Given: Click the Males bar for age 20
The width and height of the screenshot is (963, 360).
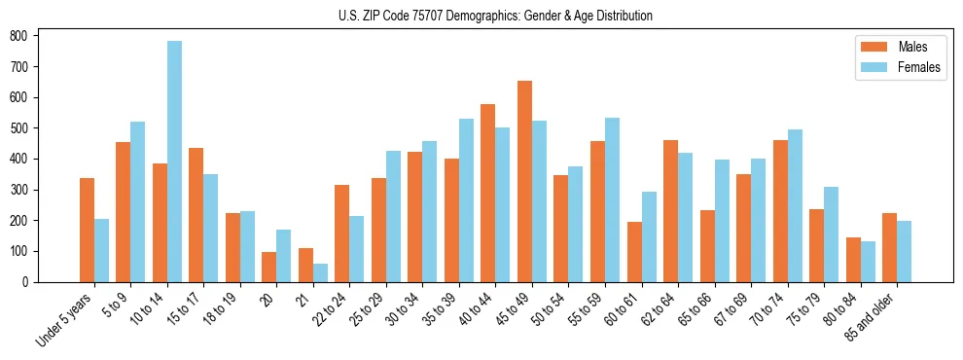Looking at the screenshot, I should pyautogui.click(x=269, y=267).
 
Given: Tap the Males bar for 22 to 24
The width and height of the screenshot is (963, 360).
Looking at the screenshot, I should pyautogui.click(x=342, y=234).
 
